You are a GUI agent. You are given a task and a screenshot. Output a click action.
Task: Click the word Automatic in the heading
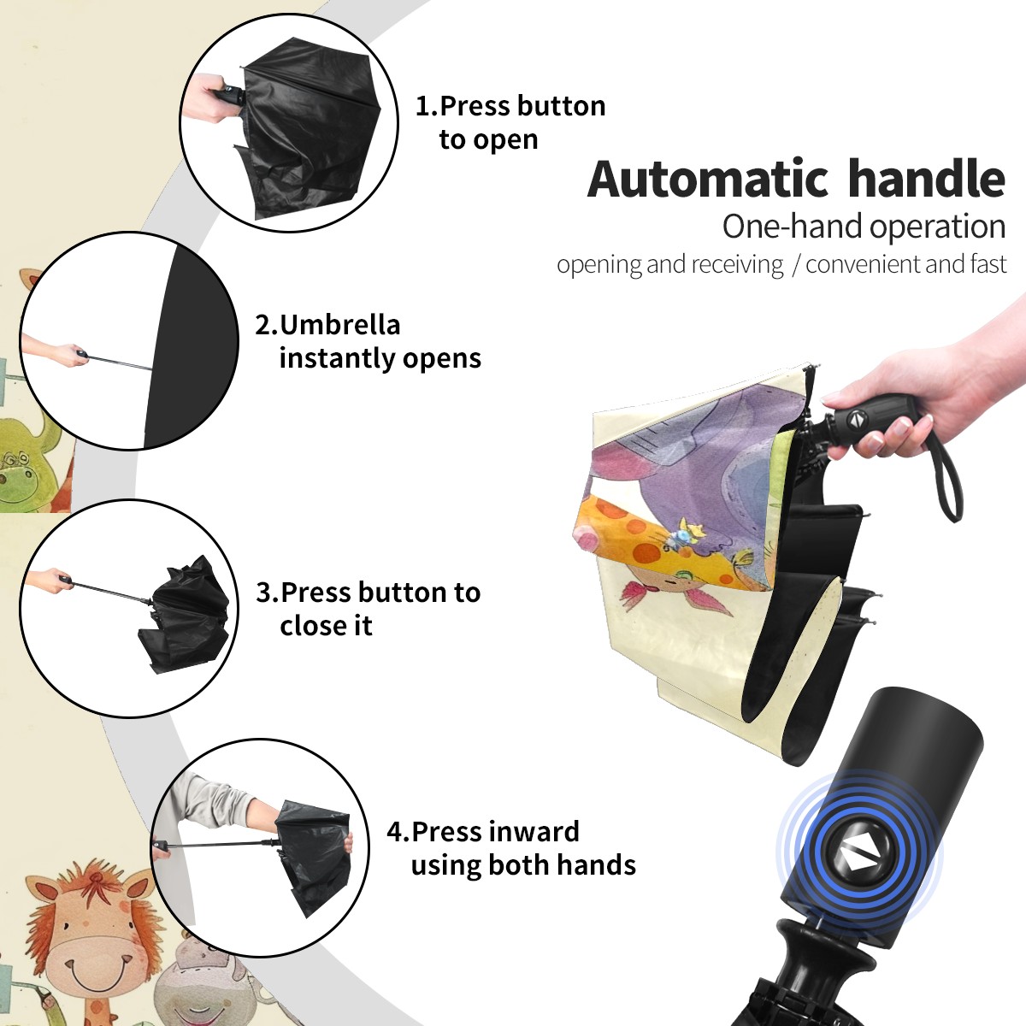pyautogui.click(x=709, y=179)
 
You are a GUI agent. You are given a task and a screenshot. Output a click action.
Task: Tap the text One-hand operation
pyautogui.click(x=864, y=227)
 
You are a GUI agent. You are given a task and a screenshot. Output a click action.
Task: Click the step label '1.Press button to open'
pyautogui.click(x=510, y=123)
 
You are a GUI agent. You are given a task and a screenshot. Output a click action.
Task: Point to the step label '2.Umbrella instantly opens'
pyautogui.click(x=368, y=342)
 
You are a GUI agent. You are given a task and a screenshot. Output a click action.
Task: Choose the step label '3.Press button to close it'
pyautogui.click(x=368, y=609)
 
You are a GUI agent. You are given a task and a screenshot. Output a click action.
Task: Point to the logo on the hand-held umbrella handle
pyautogui.click(x=857, y=419)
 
